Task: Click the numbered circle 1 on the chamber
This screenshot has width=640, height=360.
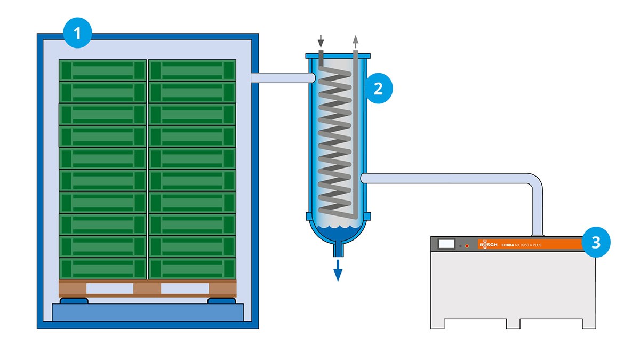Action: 77,33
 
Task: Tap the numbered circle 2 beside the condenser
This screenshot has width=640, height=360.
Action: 378,89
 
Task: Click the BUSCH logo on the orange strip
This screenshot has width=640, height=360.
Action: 489,245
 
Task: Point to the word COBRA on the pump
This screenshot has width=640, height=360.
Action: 508,245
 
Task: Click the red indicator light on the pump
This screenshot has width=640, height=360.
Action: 467,246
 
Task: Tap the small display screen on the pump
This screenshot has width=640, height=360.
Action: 446,244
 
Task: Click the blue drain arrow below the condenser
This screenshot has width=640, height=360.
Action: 338,270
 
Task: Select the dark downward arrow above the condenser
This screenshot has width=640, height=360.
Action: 321,42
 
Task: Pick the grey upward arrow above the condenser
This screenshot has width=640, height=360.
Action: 355,42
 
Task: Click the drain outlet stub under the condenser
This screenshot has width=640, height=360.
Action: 338,249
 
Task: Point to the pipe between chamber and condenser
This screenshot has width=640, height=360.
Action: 283,78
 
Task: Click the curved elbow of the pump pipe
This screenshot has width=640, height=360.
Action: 535,181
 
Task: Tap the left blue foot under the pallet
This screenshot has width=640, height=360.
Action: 74,301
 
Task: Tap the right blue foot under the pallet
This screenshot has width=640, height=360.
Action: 222,301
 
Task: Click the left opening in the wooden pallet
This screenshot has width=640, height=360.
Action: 110,289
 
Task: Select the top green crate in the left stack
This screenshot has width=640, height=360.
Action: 102,70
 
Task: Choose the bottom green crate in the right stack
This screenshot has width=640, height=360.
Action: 193,268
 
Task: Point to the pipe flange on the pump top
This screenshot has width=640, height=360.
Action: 538,236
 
